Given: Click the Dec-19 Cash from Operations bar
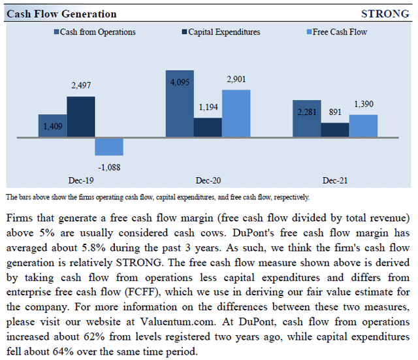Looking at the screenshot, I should pos(52,125).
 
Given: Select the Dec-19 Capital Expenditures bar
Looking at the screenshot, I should pos(80,117).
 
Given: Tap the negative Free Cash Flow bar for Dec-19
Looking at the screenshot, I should pos(108,146).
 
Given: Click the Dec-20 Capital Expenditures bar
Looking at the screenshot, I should pos(208,127).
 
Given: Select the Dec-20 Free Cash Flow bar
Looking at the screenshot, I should pos(236,113).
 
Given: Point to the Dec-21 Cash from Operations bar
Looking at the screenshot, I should pos(306,119).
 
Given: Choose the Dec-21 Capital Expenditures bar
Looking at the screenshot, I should pos(334,130).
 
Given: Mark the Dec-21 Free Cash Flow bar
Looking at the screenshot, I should pos(363,126).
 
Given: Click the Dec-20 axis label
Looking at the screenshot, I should pos(208,178).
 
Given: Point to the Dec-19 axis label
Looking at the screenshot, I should pos(80,178).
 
